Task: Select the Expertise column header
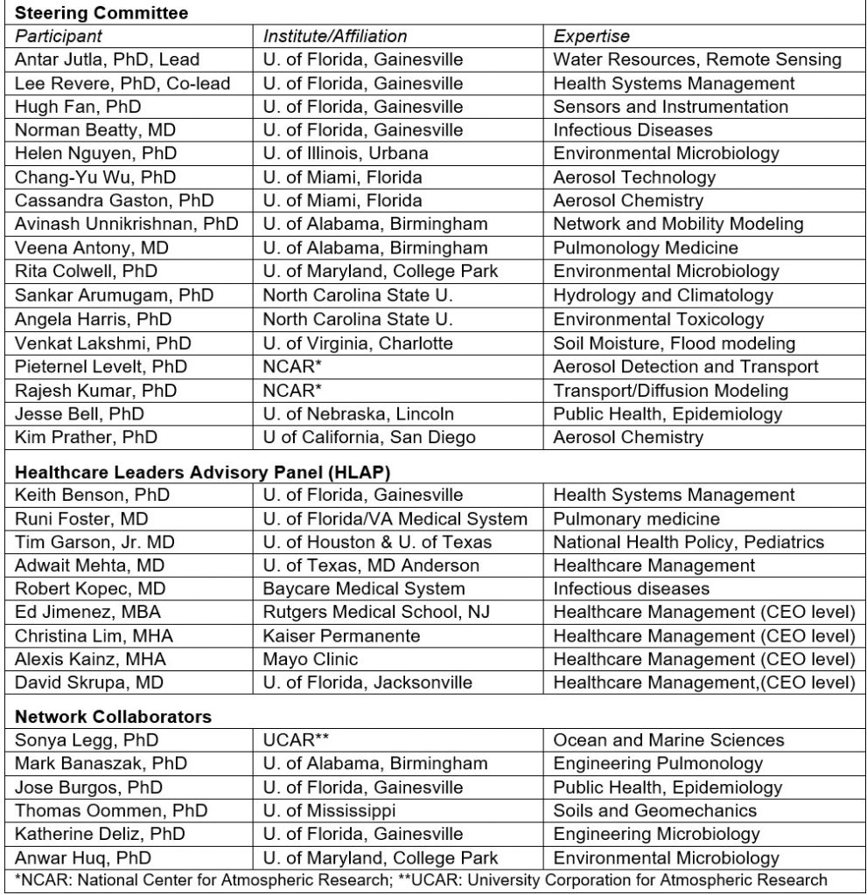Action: pos(591,37)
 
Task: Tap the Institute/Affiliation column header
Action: pos(335,37)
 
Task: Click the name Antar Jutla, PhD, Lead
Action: pos(108,60)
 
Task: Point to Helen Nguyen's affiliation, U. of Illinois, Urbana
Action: pos(346,154)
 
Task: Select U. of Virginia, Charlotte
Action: pos(358,343)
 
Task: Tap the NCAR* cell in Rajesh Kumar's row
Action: pos(293,391)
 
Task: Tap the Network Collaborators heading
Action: pos(114,718)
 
